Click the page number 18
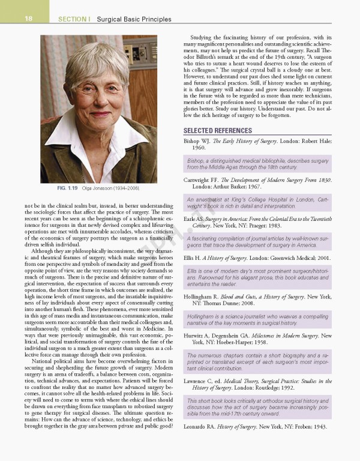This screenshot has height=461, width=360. pos(28,19)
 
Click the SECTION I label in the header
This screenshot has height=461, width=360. pos(73,19)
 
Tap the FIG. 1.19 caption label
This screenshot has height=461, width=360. pos(68,188)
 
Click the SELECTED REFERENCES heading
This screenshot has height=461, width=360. pos(217,130)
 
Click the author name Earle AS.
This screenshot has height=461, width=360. pos(196,219)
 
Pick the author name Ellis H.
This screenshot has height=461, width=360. pos(194,258)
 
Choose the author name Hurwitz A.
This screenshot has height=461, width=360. pos(198,336)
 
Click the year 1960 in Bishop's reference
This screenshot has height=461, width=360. pos(199,148)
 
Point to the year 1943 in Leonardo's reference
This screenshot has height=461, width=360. pos(320,426)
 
